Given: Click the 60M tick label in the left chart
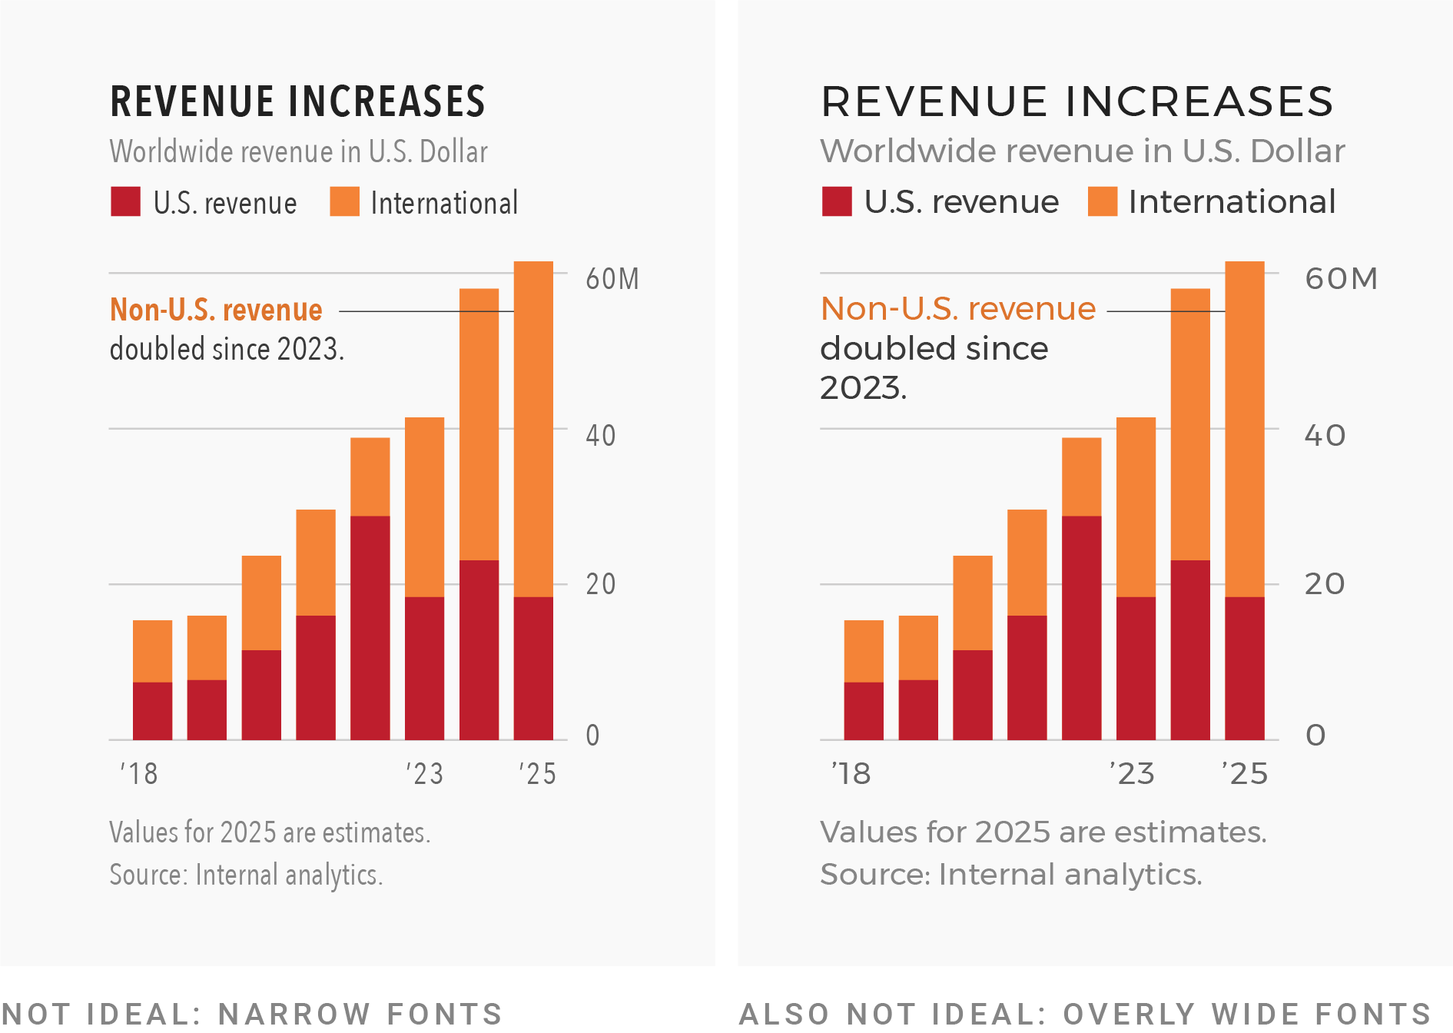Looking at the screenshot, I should point(612,279).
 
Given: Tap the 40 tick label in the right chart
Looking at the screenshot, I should point(1325,436).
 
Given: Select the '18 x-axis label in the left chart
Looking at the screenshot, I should point(139,773).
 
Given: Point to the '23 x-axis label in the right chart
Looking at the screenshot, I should point(1132,773).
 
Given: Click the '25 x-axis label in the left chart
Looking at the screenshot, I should point(537,773).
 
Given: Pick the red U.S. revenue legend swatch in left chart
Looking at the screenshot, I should point(125,201).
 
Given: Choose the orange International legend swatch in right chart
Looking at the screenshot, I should point(1103,201).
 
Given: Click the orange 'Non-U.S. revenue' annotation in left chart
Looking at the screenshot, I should point(216,310).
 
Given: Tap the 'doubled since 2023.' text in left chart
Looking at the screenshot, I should point(227,350).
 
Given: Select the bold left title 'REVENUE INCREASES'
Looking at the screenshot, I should point(297,101).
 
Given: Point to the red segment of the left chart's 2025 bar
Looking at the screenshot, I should point(533,668).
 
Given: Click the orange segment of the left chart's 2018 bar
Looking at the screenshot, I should point(152,651).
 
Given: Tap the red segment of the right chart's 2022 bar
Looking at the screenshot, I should point(1081,627).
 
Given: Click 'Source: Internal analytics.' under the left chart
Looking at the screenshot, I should point(246,875).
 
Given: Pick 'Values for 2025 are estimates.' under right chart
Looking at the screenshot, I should point(1043,832).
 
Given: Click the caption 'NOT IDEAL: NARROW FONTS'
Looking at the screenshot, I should point(251,1014).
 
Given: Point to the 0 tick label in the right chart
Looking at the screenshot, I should point(1315,736).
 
